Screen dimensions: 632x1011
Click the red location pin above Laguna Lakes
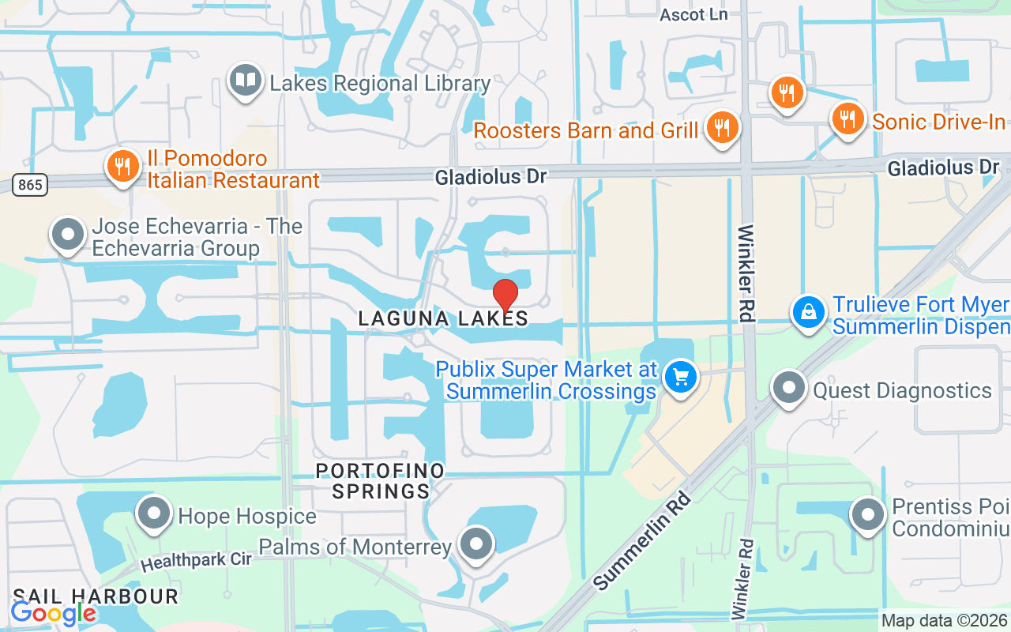[505, 296]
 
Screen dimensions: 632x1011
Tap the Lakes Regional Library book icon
[246, 81]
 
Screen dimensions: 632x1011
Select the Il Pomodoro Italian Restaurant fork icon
[122, 167]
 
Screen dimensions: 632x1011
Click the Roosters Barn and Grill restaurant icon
[722, 127]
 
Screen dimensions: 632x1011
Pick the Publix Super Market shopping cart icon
[681, 377]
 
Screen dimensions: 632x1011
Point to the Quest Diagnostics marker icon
[789, 388]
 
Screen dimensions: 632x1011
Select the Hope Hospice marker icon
[154, 513]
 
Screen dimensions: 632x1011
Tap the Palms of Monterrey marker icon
[475, 544]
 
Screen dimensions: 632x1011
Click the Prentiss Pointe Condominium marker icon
[868, 514]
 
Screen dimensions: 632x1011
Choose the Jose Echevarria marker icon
[68, 234]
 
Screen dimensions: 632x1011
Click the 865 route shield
[30, 186]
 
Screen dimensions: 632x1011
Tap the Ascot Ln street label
[693, 15]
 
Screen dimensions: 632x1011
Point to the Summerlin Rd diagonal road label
[641, 541]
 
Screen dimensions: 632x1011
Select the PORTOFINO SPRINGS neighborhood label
[380, 481]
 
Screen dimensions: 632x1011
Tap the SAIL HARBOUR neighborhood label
[95, 596]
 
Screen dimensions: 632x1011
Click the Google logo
[54, 613]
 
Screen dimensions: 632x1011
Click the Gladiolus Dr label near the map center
[490, 177]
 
